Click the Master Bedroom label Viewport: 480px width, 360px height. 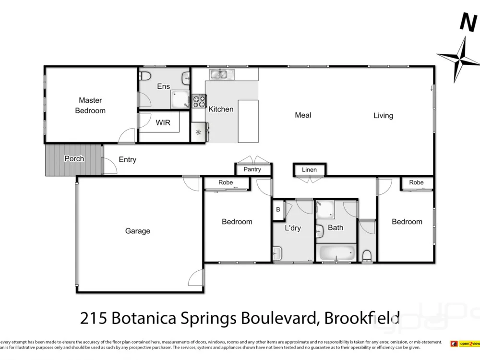point(90,106)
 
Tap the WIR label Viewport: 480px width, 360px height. point(163,122)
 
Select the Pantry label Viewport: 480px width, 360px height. point(252,169)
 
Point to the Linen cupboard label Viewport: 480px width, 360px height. point(310,170)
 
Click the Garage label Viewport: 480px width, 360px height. point(138,231)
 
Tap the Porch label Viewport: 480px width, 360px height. point(74,159)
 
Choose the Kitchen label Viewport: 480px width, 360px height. point(221,109)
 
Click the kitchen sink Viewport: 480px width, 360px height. point(221,74)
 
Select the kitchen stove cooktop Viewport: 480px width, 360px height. point(199,101)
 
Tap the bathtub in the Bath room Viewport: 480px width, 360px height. point(336,253)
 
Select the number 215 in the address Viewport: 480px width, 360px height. point(94,318)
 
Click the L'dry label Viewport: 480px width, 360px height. point(292,228)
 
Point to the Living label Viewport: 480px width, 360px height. point(383,116)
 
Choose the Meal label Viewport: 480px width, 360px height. point(303,115)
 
